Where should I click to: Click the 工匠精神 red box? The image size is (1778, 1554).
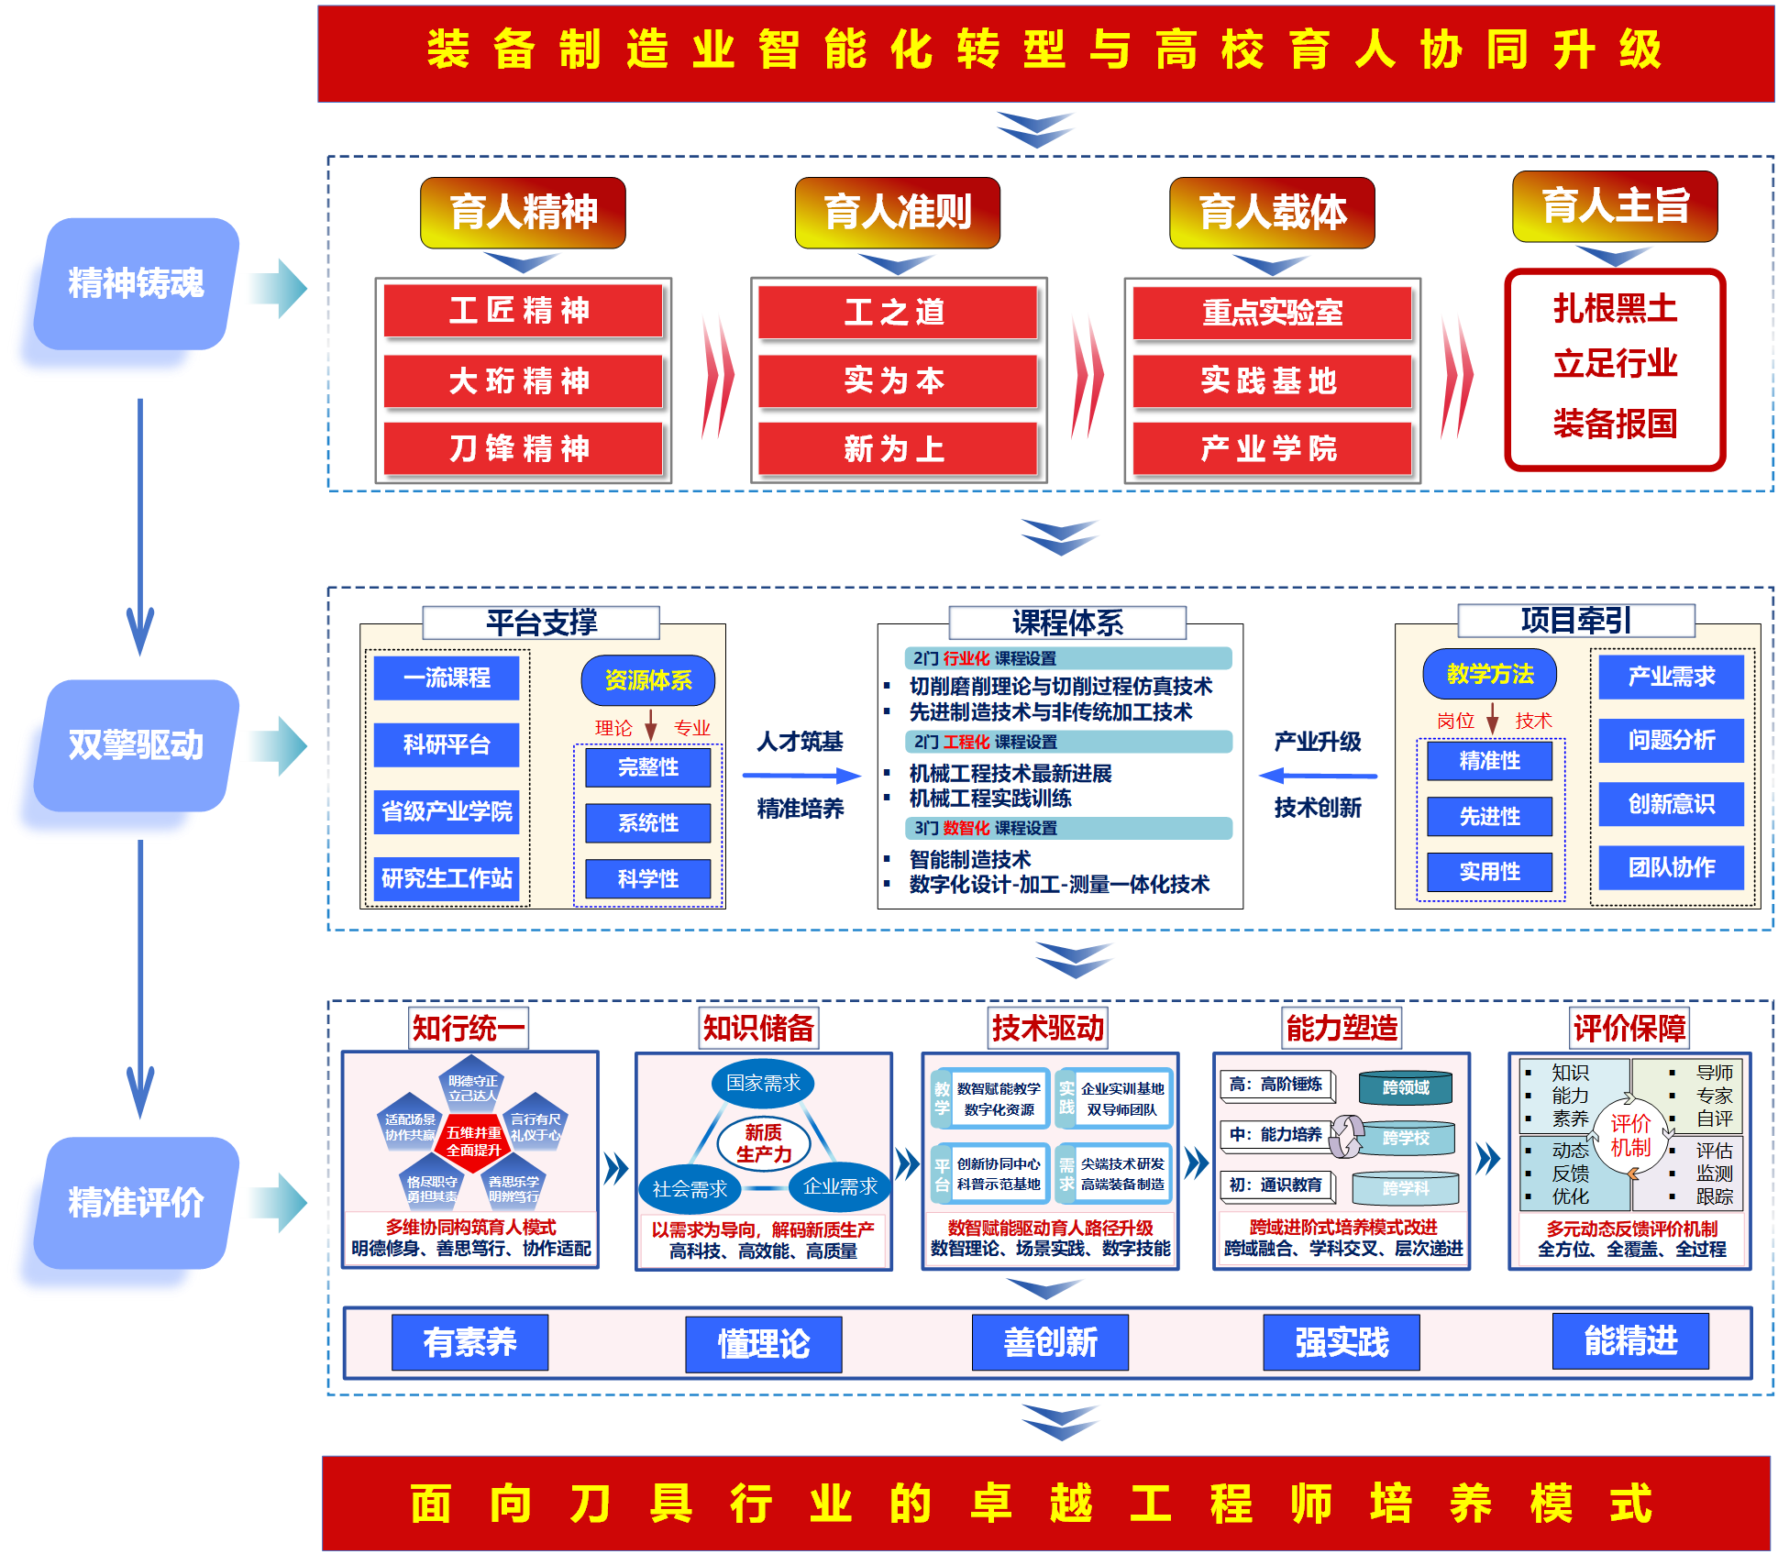(522, 311)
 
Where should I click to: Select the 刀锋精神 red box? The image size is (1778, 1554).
(522, 448)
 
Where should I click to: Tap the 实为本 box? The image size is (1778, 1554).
(896, 380)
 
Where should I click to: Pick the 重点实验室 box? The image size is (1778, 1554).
(1271, 313)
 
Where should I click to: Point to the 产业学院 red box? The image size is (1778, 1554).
(1271, 448)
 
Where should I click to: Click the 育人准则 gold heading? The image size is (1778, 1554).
(897, 213)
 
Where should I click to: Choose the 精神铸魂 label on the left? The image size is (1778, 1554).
(136, 283)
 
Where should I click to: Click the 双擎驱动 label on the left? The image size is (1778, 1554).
(136, 745)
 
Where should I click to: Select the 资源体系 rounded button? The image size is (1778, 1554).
(647, 680)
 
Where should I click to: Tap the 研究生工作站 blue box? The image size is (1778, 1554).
(447, 878)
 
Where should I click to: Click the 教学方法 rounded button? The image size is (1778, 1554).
(1489, 674)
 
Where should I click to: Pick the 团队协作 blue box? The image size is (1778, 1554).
(1671, 867)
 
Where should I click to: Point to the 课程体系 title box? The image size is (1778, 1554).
(1067, 623)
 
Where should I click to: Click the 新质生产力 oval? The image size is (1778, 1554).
(763, 1143)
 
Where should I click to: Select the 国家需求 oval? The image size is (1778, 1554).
(763, 1083)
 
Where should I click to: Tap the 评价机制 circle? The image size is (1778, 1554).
(1630, 1135)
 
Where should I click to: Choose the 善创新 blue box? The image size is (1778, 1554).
(1050, 1342)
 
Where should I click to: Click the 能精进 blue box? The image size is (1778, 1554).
(1630, 1340)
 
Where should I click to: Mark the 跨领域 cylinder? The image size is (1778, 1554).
(1405, 1087)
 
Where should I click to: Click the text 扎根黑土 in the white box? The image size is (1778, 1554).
(1615, 309)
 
